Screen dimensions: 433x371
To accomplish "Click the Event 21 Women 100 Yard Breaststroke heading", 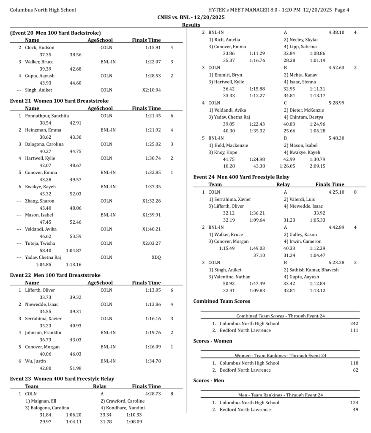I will click(59, 101).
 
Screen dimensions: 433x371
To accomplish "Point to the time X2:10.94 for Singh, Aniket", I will click(152, 90).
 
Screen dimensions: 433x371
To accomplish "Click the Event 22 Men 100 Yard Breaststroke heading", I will click(55, 275).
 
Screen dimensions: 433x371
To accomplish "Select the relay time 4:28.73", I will click(153, 394).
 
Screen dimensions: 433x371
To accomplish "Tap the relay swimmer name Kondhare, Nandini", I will click(123, 408).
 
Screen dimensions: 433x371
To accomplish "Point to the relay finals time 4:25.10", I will click(336, 192).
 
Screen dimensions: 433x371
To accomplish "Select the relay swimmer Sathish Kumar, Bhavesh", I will click(311, 269).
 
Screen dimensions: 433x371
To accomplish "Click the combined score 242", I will click(354, 323).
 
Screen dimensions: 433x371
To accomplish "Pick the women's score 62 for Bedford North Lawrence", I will click(355, 370).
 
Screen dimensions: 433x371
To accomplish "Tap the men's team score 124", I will click(354, 403).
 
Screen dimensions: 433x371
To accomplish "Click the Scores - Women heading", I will click(213, 341).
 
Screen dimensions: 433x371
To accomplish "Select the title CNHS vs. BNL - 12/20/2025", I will click(191, 17).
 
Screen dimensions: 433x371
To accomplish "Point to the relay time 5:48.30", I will click(336, 138).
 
